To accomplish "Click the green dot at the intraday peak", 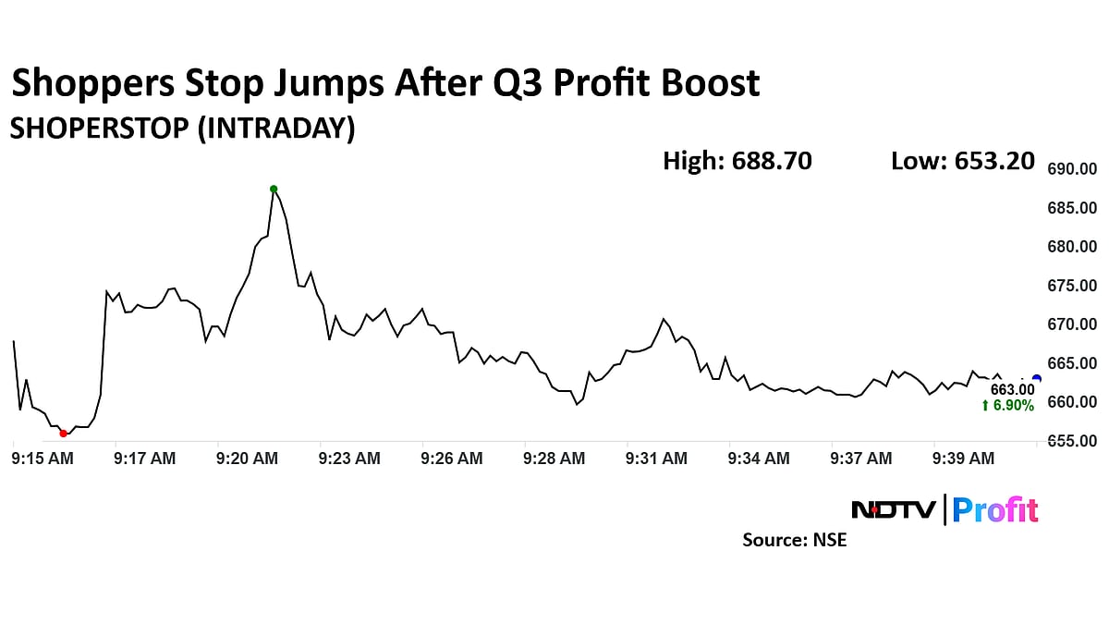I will (274, 189).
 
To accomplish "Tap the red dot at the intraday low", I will (63, 433).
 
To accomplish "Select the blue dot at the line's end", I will (1037, 378).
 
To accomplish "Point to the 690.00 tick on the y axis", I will (1071, 169).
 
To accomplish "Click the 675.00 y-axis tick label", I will (1071, 286).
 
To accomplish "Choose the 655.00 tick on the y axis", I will (1071, 441).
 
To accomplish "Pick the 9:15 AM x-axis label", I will (43, 458).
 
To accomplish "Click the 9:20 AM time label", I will (247, 458).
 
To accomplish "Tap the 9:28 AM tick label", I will (554, 458).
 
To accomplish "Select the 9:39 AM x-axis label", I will (963, 458).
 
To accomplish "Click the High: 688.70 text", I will (737, 161).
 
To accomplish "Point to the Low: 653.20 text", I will (962, 161).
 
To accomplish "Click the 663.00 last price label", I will (1012, 390).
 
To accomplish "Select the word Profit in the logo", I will (995, 509).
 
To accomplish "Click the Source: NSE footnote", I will (794, 540).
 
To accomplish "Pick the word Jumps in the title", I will (331, 84).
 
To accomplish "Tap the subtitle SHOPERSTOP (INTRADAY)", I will (182, 128).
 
